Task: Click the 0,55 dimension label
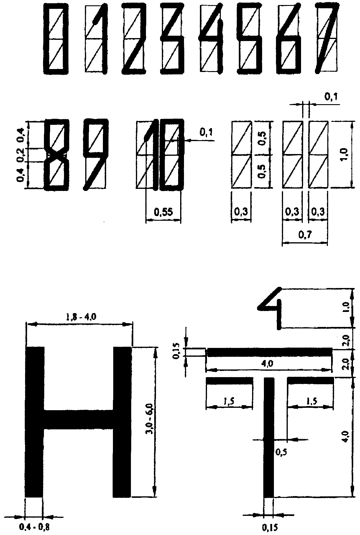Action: pyautogui.click(x=164, y=212)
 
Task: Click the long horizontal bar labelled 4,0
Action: pyautogui.click(x=270, y=352)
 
